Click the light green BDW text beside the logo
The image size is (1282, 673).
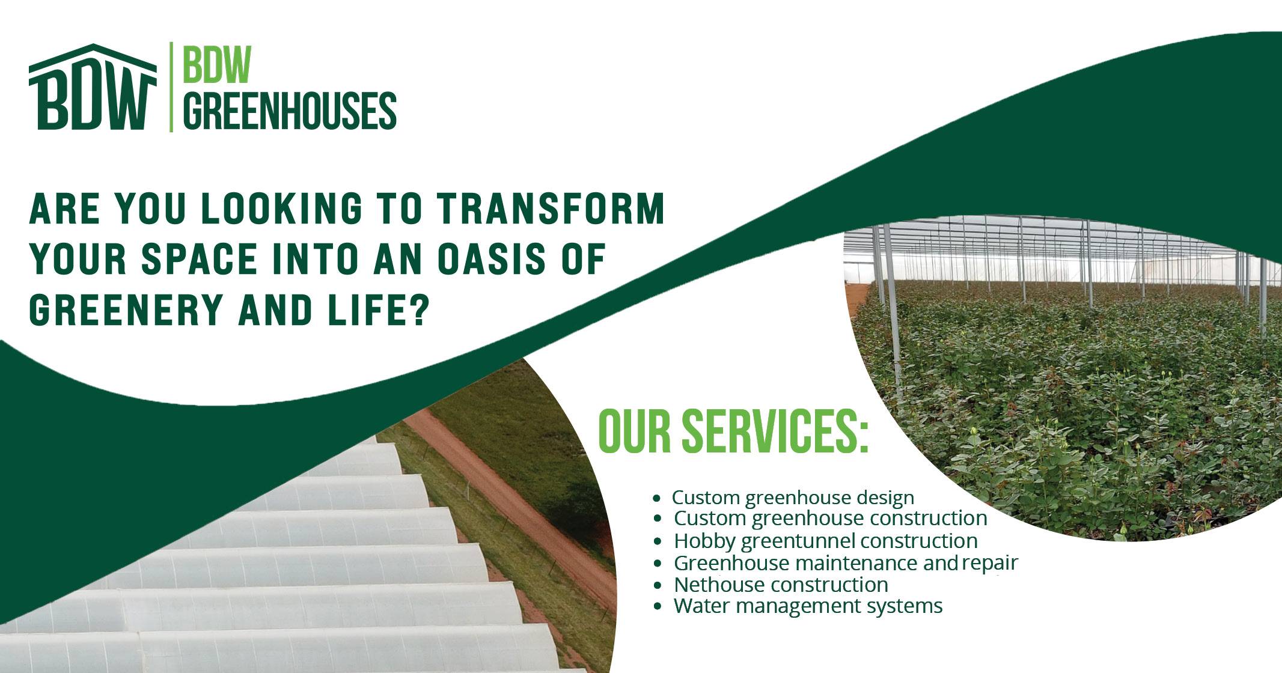coord(216,65)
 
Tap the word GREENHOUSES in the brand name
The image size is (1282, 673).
coord(289,111)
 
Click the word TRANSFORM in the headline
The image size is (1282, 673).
coord(550,209)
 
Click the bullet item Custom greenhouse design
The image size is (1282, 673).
coord(792,498)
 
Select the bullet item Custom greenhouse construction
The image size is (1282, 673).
coord(830,518)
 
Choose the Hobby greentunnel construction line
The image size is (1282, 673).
coord(825,541)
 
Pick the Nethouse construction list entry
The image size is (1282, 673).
coord(781,584)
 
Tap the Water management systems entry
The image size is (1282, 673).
coord(808,606)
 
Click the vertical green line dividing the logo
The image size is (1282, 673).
coord(171,87)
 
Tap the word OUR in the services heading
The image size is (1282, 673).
coord(634,431)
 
